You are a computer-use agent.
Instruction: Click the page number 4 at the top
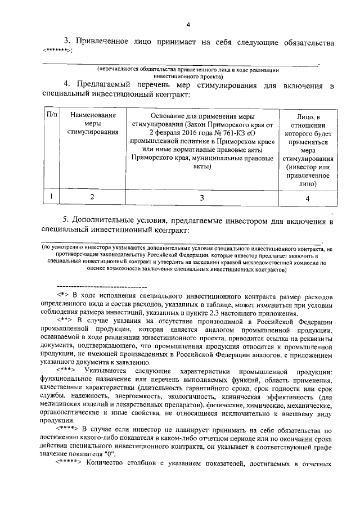[x=188, y=24]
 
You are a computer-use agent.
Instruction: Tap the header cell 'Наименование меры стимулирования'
[x=93, y=124]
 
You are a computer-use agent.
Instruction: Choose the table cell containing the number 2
[x=93, y=197]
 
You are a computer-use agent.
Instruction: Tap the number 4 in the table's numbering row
[x=307, y=197]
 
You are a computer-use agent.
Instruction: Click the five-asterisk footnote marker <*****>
[x=69, y=464]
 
